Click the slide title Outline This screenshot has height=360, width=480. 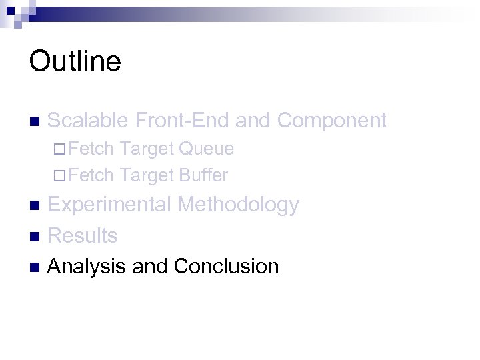pos(75,61)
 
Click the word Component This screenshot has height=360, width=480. pos(331,120)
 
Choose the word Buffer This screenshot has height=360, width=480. pos(203,176)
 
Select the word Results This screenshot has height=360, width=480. pos(83,235)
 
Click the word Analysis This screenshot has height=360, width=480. pos(87,267)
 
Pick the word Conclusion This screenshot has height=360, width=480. pos(226,267)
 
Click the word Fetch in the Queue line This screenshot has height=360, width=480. pos(91,149)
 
